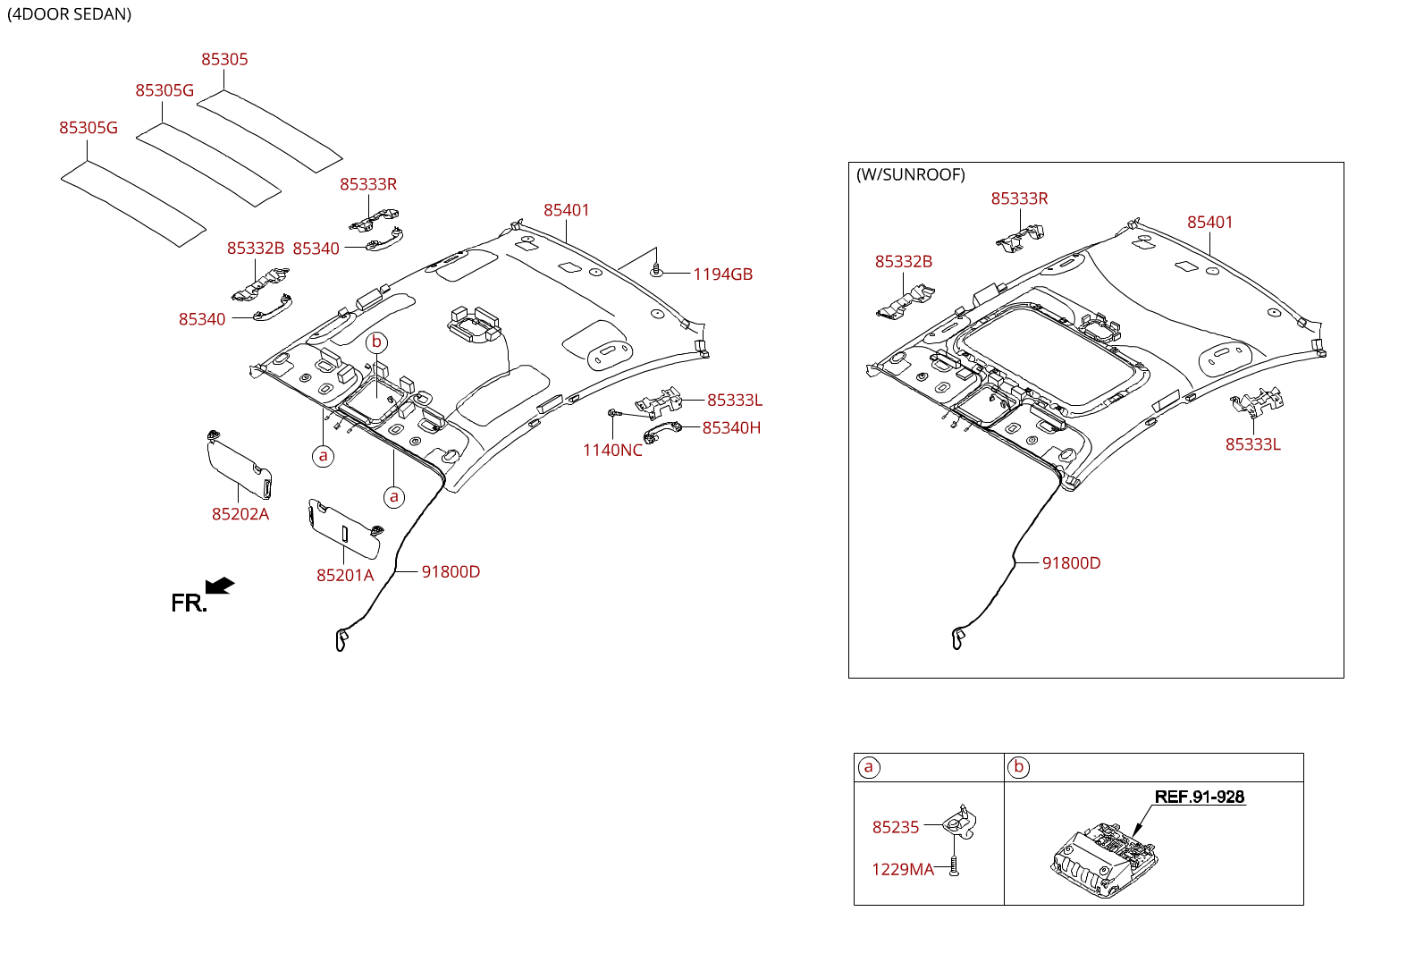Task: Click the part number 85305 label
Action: [224, 60]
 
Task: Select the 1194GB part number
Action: [722, 274]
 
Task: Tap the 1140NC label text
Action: [612, 451]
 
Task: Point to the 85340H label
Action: [731, 428]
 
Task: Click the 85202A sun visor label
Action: [240, 514]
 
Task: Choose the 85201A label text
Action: [345, 576]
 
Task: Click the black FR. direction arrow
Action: [220, 586]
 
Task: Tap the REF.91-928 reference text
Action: [1199, 797]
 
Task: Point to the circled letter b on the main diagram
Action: [377, 342]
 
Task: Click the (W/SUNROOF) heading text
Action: [911, 175]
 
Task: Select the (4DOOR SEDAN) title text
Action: [70, 14]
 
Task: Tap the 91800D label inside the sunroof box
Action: [1071, 563]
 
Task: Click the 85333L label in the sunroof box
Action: [1252, 444]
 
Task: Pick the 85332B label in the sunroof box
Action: [904, 262]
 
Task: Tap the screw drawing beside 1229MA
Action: [954, 866]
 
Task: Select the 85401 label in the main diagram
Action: [567, 210]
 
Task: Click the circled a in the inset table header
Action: [869, 767]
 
